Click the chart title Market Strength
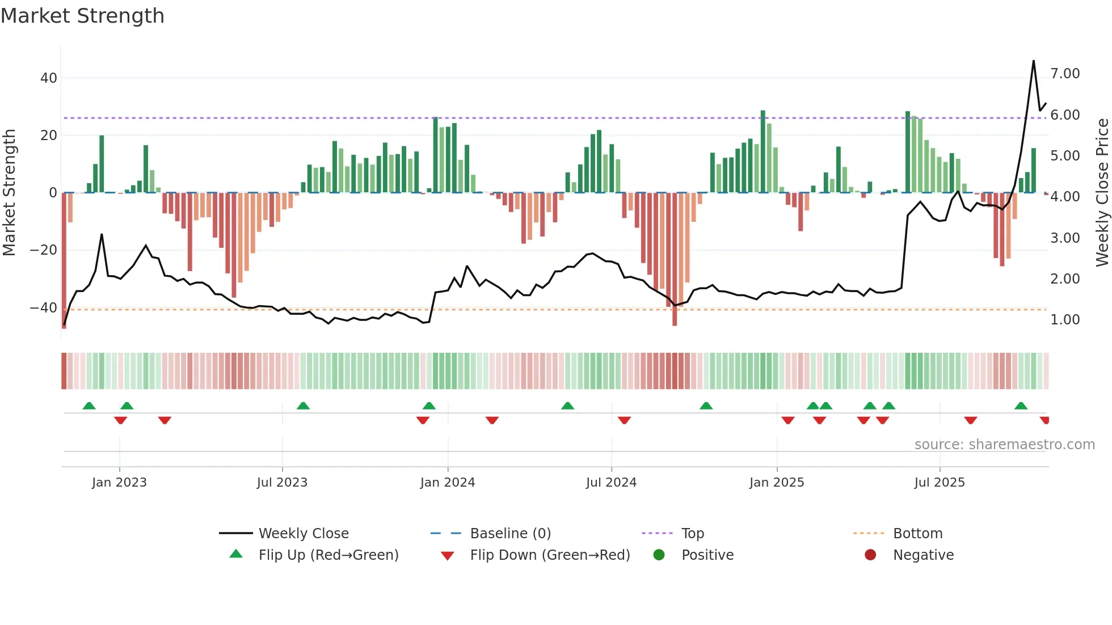click(x=82, y=16)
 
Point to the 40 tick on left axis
click(x=49, y=78)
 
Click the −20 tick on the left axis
click(x=44, y=250)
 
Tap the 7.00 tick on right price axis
click(x=1065, y=74)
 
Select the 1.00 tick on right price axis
click(x=1065, y=320)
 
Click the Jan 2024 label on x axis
click(x=448, y=483)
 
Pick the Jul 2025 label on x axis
click(x=940, y=483)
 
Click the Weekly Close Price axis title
click(x=1102, y=193)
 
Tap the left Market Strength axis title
click(x=9, y=193)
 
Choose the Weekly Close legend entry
click(x=304, y=534)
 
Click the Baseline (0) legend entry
click(x=511, y=534)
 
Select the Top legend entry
click(x=693, y=534)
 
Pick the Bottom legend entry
click(x=917, y=534)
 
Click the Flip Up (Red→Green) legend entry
click(x=328, y=555)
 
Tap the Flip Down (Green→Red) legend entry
click(x=550, y=555)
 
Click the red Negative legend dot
click(x=870, y=555)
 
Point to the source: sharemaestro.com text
click(x=1004, y=445)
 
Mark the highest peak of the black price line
click(x=1034, y=61)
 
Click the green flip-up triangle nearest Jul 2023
click(x=303, y=406)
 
